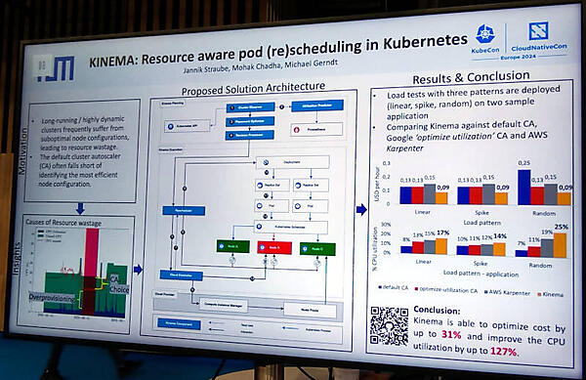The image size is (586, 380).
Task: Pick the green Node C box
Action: [319, 248]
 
